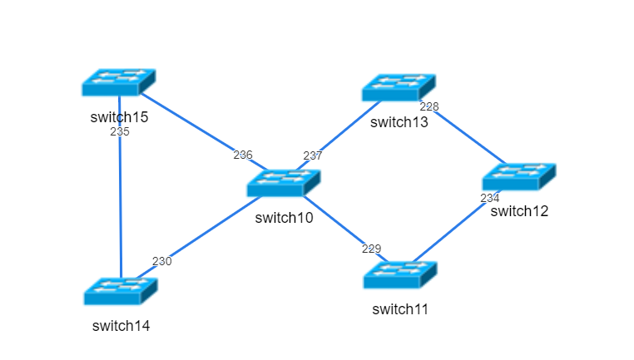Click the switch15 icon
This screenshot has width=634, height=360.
pos(119,82)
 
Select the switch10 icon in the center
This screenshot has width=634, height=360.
pos(284,183)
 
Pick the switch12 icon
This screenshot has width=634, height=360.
pos(518,177)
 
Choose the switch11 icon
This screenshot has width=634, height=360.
pos(400,275)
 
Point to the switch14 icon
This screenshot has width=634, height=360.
pos(121,291)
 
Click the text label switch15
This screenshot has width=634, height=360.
pos(119,117)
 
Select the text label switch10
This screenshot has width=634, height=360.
pos(284,218)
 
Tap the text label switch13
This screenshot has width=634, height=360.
pos(399,123)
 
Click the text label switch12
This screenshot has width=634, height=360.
pos(519,211)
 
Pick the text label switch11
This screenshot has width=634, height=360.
pos(400,310)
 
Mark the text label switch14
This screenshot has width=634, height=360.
pos(121,326)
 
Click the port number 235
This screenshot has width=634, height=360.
pos(120,131)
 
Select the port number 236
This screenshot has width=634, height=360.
pos(242,155)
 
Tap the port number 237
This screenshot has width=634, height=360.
pos(312,155)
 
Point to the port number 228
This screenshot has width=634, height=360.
pos(428,106)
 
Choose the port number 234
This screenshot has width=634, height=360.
pos(490,198)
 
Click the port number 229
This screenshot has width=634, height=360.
pos(371,249)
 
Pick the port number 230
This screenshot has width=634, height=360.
pos(161,261)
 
